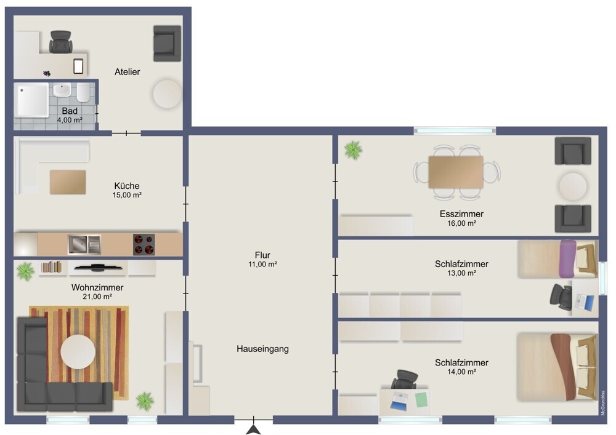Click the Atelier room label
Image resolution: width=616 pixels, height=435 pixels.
click(x=128, y=72)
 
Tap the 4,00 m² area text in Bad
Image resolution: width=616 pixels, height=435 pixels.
click(x=70, y=120)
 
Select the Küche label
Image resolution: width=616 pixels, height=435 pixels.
click(x=127, y=186)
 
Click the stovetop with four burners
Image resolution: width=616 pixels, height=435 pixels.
click(x=144, y=244)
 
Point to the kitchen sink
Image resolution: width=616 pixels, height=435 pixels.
click(x=84, y=244)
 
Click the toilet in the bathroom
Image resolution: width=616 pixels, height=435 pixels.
click(x=83, y=92)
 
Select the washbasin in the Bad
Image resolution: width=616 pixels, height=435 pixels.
click(x=62, y=90)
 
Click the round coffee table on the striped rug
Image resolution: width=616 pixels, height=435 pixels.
click(x=78, y=351)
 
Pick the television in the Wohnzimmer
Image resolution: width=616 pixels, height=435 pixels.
click(x=98, y=268)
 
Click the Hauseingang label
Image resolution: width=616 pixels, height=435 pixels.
click(x=262, y=349)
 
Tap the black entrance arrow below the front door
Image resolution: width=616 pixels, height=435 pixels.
click(x=253, y=430)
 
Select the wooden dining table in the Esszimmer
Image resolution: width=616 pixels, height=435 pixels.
click(x=456, y=172)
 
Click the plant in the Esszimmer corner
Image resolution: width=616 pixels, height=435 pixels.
click(x=353, y=150)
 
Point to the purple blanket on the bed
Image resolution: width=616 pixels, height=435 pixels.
click(x=568, y=259)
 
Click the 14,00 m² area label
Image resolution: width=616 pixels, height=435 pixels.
click(x=461, y=372)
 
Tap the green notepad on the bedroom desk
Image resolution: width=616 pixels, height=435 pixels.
click(x=421, y=399)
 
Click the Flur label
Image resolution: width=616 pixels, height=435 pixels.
click(x=262, y=255)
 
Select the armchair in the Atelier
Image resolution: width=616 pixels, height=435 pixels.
click(x=167, y=43)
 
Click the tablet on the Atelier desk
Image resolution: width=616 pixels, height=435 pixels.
click(x=79, y=66)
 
